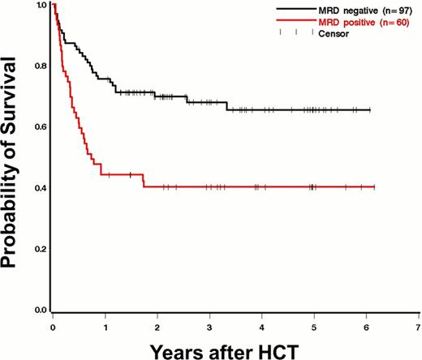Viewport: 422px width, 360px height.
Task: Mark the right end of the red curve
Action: pos(374,187)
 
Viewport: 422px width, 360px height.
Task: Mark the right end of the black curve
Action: pos(370,109)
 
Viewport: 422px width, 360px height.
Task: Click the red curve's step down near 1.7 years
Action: pos(143,181)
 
